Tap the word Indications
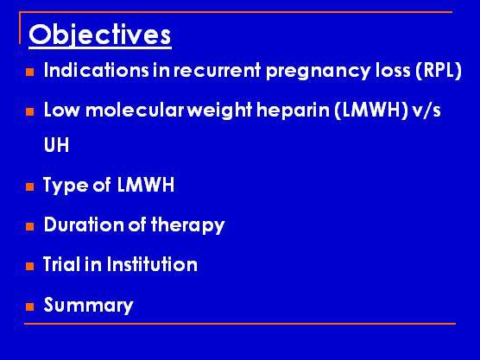click(x=96, y=70)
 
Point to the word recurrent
click(x=217, y=71)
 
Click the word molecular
click(x=135, y=110)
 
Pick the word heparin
click(x=293, y=111)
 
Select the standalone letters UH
click(x=57, y=145)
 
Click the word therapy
click(x=187, y=225)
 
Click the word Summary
click(x=88, y=306)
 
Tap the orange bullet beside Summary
click(x=30, y=306)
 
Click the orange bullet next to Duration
click(x=30, y=226)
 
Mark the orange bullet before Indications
click(x=30, y=72)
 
